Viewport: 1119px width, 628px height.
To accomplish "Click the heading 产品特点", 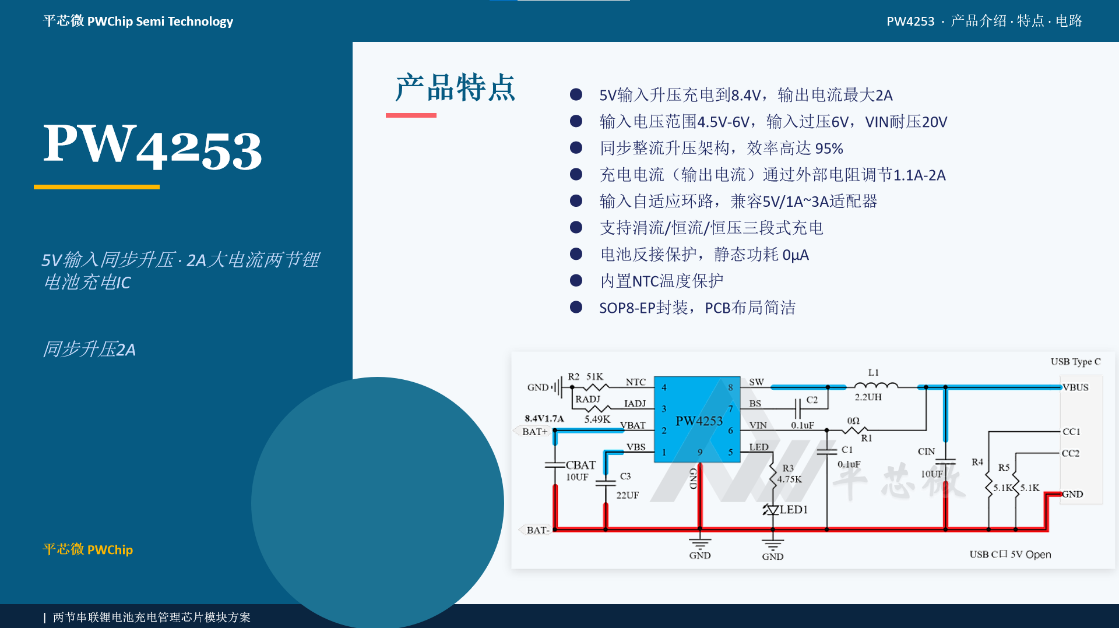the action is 455,88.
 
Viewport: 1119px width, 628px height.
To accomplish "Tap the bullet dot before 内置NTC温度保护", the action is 576,281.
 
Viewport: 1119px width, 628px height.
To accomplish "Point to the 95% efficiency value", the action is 829,149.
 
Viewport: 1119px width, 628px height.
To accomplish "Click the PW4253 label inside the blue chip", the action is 699,421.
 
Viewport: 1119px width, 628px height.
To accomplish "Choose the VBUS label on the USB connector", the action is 1075,387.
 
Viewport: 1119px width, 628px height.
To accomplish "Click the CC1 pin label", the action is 1071,432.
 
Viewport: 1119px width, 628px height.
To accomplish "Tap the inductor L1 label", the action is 873,372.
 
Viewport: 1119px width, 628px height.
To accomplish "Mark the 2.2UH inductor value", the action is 868,397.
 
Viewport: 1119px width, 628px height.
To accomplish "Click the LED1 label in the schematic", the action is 794,510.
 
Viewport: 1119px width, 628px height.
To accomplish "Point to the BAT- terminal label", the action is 537,530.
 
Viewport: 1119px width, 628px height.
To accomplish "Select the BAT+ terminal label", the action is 534,432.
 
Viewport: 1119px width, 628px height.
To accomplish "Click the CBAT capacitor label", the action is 580,465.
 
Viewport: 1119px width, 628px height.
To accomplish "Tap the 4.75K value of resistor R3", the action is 789,479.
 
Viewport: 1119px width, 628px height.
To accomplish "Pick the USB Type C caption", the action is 1075,362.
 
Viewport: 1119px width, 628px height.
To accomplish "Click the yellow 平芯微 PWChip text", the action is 88,549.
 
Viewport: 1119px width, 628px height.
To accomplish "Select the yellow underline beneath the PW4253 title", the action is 97,187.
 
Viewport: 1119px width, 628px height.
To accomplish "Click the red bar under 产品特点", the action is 411,115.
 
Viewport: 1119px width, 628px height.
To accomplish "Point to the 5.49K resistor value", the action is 597,419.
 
